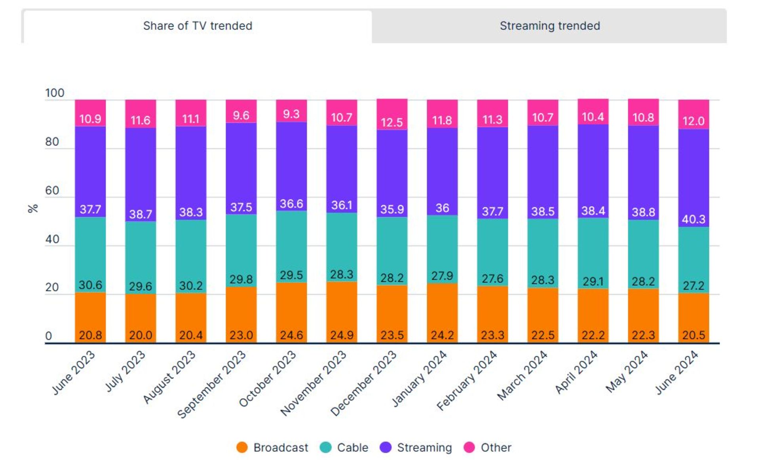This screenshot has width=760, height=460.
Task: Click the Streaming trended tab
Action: point(549,26)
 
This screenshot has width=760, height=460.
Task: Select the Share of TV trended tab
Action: point(198,26)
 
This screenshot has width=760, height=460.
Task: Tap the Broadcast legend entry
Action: point(272,447)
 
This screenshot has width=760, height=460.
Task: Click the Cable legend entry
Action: point(344,447)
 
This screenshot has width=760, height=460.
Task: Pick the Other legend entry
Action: point(488,447)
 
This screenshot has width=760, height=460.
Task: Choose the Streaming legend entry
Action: point(416,447)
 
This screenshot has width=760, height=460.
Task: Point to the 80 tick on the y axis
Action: point(52,142)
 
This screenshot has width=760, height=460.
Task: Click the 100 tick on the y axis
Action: point(55,93)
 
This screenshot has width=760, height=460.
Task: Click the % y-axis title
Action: point(33,208)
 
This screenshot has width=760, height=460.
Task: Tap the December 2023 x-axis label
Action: point(363,384)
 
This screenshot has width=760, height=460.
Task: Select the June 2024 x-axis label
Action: point(676,372)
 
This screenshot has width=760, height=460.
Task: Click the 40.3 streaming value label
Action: point(693,219)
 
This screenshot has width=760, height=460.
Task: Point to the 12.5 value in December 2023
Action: point(392,122)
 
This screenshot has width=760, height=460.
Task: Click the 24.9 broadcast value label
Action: point(342,335)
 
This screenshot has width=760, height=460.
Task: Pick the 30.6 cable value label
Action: point(90,285)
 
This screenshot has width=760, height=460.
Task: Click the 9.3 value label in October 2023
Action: point(291,114)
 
